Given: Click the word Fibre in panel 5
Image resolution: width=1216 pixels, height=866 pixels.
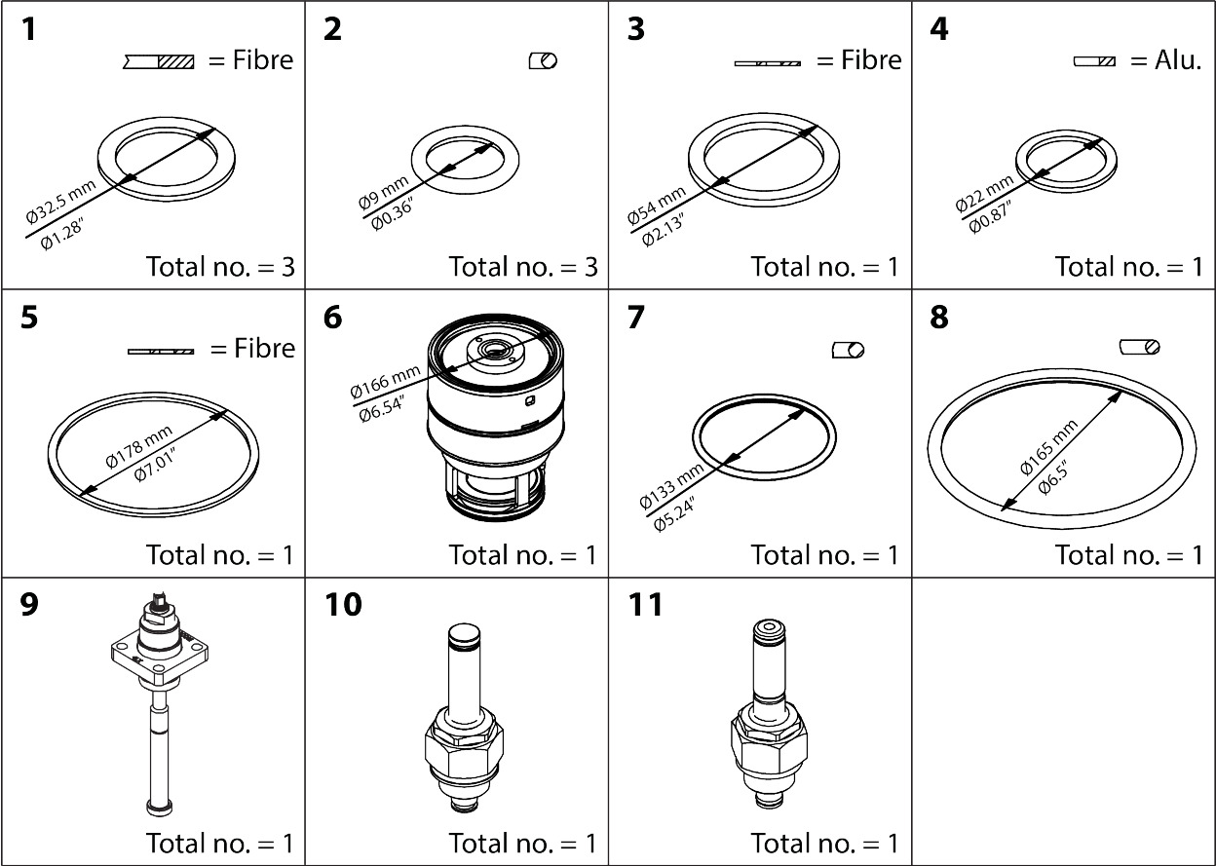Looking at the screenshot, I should coord(264,348).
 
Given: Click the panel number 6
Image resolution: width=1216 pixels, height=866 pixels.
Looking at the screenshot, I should coord(333,319).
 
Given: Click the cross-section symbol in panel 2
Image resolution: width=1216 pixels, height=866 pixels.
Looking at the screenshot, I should coord(542,61).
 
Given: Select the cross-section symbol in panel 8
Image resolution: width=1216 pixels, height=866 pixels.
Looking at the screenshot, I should coord(1140,347).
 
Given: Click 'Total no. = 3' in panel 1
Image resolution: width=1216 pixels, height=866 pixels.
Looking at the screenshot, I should coord(219,266).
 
